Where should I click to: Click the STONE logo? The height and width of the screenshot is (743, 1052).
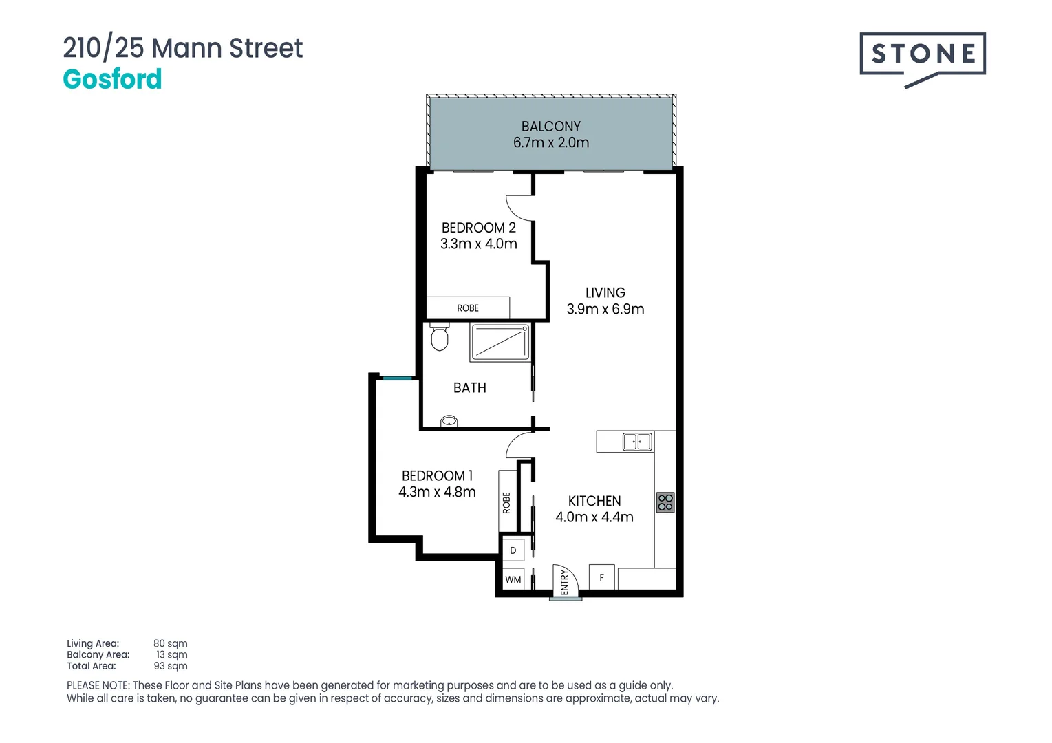coord(922,55)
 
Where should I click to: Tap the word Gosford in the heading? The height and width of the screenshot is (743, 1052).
coord(112,80)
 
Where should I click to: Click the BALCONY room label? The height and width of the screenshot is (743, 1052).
coord(550,127)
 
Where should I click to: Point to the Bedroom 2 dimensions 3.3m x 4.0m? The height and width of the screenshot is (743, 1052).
coord(478,244)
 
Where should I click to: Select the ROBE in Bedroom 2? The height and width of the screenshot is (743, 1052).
coord(468,308)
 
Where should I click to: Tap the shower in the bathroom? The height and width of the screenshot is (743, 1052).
coord(500,343)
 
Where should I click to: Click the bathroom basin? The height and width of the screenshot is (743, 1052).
coord(449,421)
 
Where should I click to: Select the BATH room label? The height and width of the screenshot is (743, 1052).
coord(469,388)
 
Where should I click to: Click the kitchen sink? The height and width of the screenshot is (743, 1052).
coord(636,442)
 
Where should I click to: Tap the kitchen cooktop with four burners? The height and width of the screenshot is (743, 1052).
coord(665,502)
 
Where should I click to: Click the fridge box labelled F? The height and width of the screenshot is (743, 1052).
coord(601,578)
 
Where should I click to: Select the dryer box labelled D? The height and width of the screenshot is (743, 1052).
coord(513,550)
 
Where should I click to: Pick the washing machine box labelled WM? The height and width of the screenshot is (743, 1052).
coord(513,579)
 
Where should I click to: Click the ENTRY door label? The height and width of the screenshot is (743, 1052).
coord(564,582)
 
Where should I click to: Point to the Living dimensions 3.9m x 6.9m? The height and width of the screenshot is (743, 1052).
coord(605,310)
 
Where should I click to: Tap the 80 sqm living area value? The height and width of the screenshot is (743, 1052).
coord(170,644)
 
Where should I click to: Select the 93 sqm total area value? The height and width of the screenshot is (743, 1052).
coord(170,666)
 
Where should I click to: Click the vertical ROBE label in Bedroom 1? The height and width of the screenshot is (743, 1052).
coord(506,502)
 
